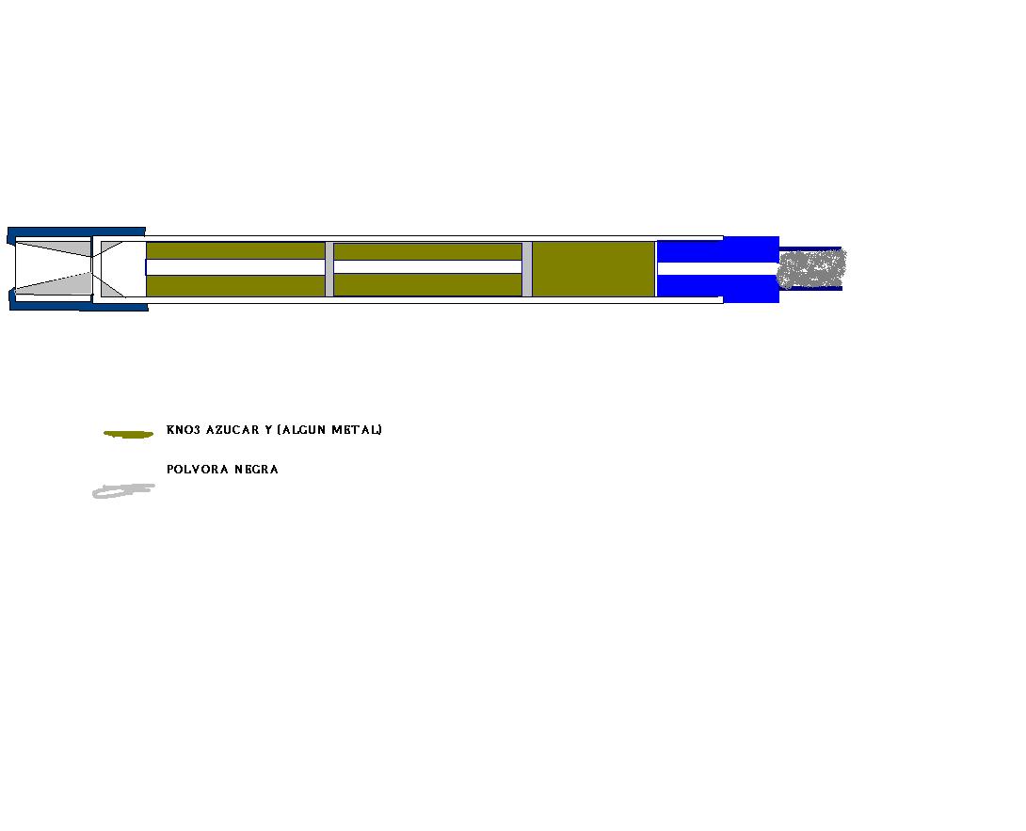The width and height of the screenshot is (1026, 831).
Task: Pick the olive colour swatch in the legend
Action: coord(128,434)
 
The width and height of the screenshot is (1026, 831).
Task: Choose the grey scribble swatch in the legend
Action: coord(123,490)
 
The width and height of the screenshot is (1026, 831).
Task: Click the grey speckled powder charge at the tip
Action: coord(811,268)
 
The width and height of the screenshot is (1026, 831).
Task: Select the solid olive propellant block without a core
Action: coord(594,269)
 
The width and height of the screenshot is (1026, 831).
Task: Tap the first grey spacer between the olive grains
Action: coord(329,269)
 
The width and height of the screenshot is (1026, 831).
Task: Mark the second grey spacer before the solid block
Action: coord(527,269)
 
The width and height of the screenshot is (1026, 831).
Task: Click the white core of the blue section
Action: coord(717,268)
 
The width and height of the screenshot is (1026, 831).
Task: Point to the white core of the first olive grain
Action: coord(235,267)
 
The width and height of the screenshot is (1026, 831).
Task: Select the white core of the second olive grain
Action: coord(428,267)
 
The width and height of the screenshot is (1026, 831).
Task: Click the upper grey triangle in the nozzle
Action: coord(54,248)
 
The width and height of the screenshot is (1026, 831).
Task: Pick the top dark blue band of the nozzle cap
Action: coord(76,232)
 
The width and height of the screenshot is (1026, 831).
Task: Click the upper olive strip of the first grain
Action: coord(235,251)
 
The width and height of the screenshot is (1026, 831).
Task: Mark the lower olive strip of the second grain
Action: coord(428,284)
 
